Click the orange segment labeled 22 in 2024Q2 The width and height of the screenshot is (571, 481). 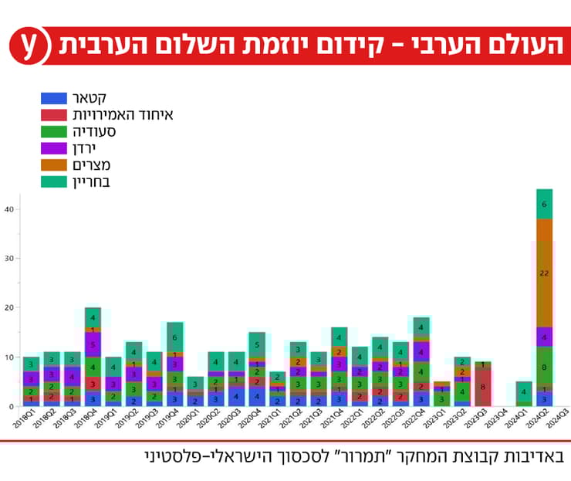(545, 273)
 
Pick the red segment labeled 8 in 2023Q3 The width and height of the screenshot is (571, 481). (482, 387)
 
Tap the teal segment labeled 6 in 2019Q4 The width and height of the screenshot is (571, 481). (174, 337)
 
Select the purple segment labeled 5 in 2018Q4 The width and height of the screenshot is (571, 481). (93, 344)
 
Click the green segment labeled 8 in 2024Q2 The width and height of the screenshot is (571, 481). (545, 367)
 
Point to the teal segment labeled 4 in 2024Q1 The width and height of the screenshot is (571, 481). (524, 391)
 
